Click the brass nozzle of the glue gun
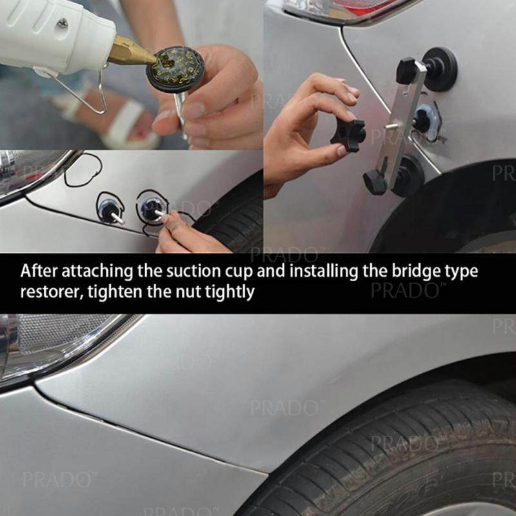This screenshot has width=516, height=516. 130,52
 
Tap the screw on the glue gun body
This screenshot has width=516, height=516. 63,23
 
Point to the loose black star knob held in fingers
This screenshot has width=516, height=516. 348,135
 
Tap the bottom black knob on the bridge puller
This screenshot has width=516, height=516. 376,182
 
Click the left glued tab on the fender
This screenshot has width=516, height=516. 109,209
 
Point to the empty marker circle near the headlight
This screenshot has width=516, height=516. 83,170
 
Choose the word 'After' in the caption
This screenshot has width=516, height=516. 39,271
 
